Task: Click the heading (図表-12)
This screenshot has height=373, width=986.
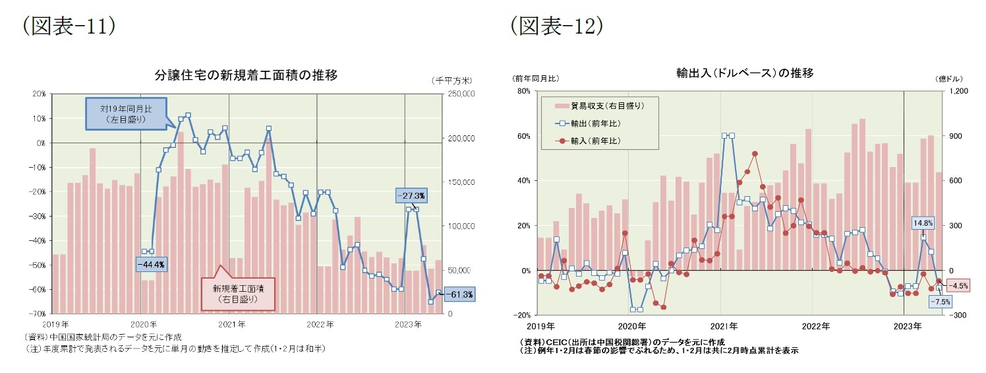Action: [556, 26]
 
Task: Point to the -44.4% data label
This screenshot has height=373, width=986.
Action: [152, 264]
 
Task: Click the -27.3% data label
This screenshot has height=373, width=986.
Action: [412, 195]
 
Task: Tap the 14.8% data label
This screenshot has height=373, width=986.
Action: [923, 223]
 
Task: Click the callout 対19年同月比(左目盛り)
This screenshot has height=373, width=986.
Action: [126, 114]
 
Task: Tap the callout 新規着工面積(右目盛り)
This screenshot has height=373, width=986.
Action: [235, 293]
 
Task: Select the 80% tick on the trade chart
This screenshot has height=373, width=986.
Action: [523, 91]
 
